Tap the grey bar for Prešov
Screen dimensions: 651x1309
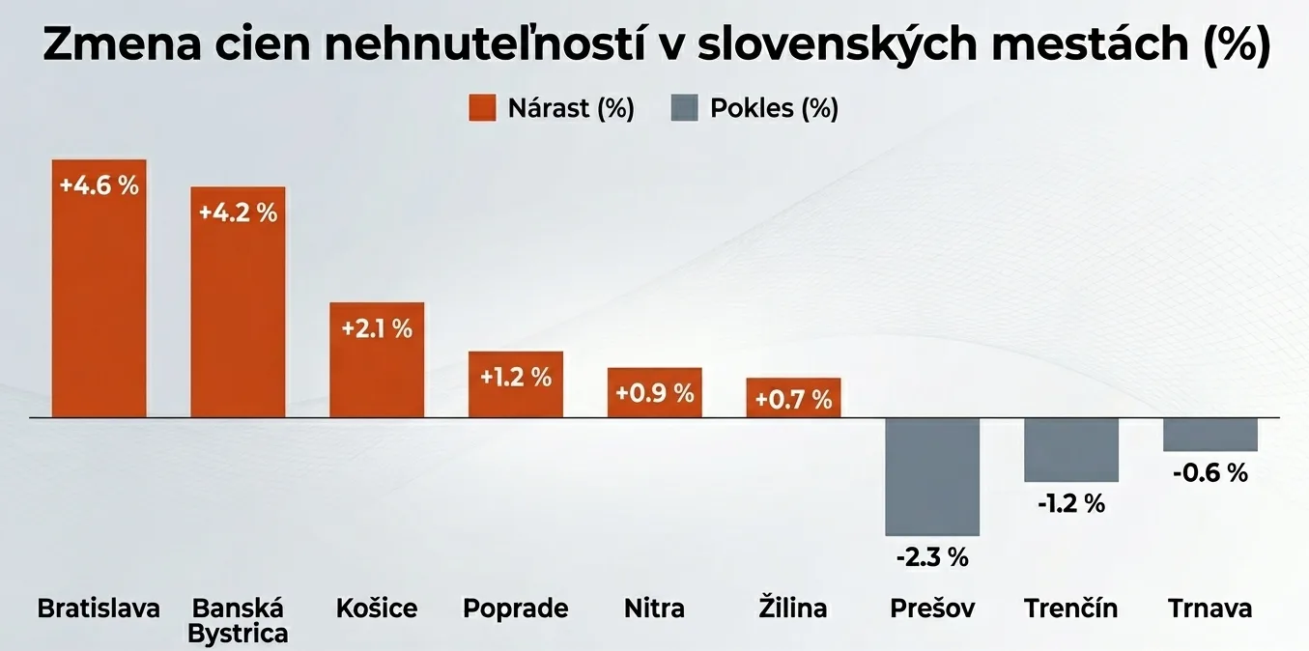pos(932,476)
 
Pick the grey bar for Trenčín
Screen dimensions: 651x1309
pos(1070,449)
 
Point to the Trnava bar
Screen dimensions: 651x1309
pos(1209,435)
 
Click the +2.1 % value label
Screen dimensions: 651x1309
pos(377,328)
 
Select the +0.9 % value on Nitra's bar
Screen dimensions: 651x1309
pos(655,393)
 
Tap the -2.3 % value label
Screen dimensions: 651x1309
pos(932,557)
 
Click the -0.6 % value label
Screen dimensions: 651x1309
pos(1209,472)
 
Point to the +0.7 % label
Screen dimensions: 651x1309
pos(793,399)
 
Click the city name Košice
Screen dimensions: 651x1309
pos(377,609)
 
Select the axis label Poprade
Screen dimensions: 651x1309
pos(516,609)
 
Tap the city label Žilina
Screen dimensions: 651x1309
pos(792,609)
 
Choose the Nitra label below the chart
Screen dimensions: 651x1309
pos(654,609)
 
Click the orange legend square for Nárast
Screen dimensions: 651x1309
pos(482,108)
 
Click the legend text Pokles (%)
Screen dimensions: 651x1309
pos(774,108)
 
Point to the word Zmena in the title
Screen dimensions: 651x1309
pos(111,46)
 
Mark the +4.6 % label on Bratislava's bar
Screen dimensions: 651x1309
pos(99,185)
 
